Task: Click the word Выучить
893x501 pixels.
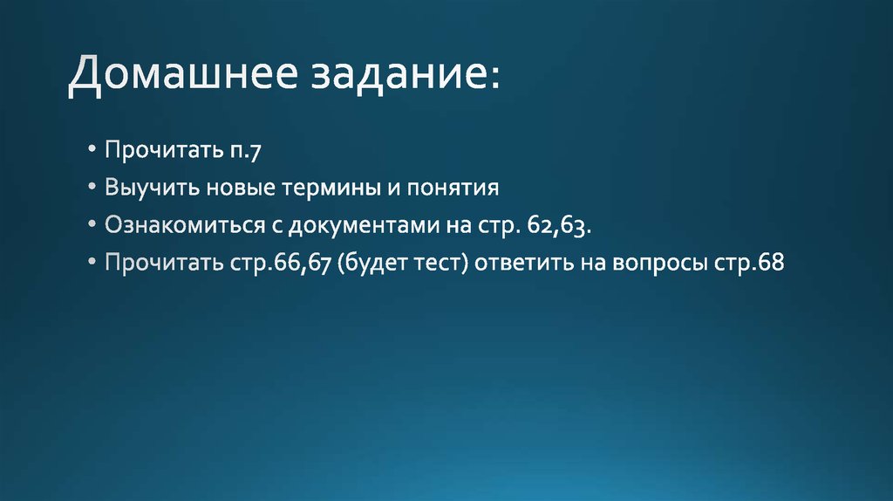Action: click(151, 188)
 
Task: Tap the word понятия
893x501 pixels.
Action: click(458, 189)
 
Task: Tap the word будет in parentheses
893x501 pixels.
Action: click(372, 263)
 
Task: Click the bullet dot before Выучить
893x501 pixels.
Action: click(93, 188)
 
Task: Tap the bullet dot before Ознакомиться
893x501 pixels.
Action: click(93, 225)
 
